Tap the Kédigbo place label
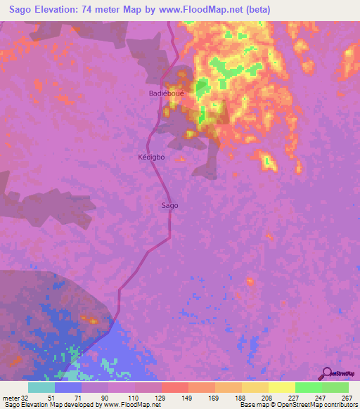tap(151, 157)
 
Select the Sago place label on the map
tap(170, 205)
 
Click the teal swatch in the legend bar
tap(41, 388)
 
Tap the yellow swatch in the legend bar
tap(282, 388)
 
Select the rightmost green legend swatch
tap(335, 388)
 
